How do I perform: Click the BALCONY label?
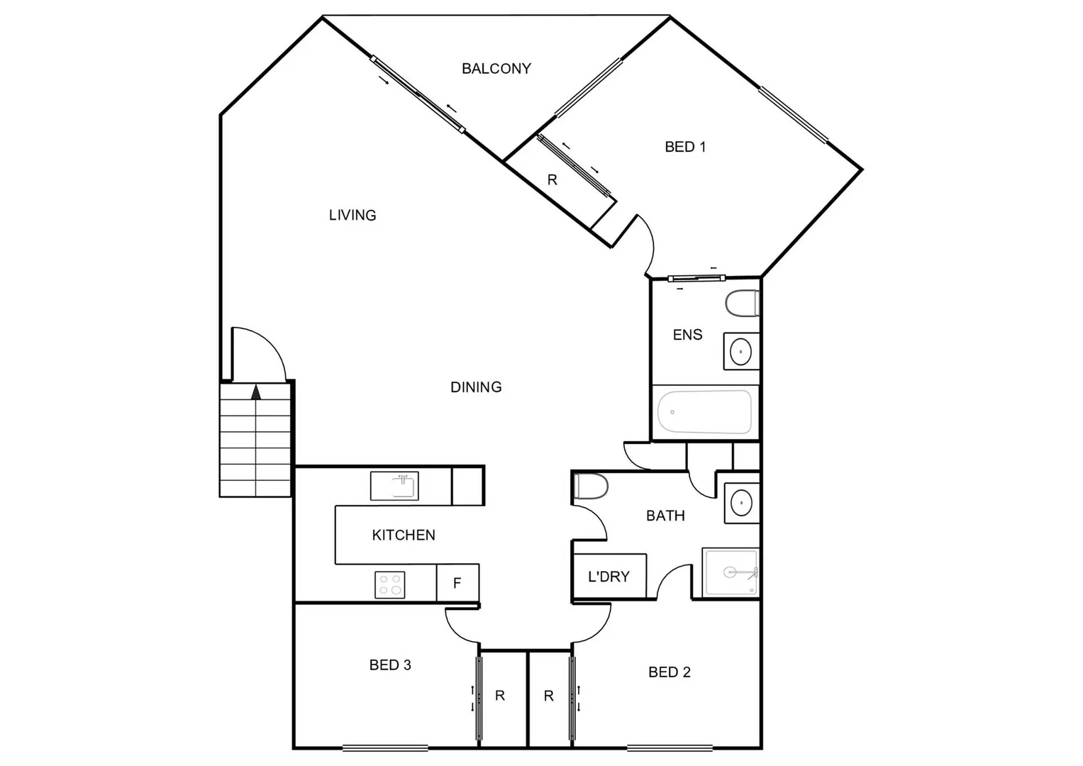click(x=496, y=69)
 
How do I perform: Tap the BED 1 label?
click(x=684, y=147)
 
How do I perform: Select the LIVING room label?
click(x=352, y=215)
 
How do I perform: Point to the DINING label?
click(x=476, y=387)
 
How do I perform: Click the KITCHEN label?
click(x=404, y=535)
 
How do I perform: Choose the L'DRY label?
click(x=609, y=577)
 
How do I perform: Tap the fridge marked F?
click(x=457, y=583)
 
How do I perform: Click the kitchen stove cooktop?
click(x=390, y=585)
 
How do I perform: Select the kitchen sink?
click(x=394, y=487)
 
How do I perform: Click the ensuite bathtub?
click(x=704, y=412)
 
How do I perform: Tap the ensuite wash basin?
click(x=741, y=351)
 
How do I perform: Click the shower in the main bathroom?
click(x=730, y=572)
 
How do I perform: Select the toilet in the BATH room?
click(x=591, y=487)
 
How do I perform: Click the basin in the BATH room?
click(x=741, y=503)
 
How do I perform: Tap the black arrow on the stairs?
click(x=256, y=392)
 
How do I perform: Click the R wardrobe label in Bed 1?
click(x=552, y=180)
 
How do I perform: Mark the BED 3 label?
click(x=390, y=665)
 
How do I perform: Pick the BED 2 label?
click(x=669, y=672)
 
